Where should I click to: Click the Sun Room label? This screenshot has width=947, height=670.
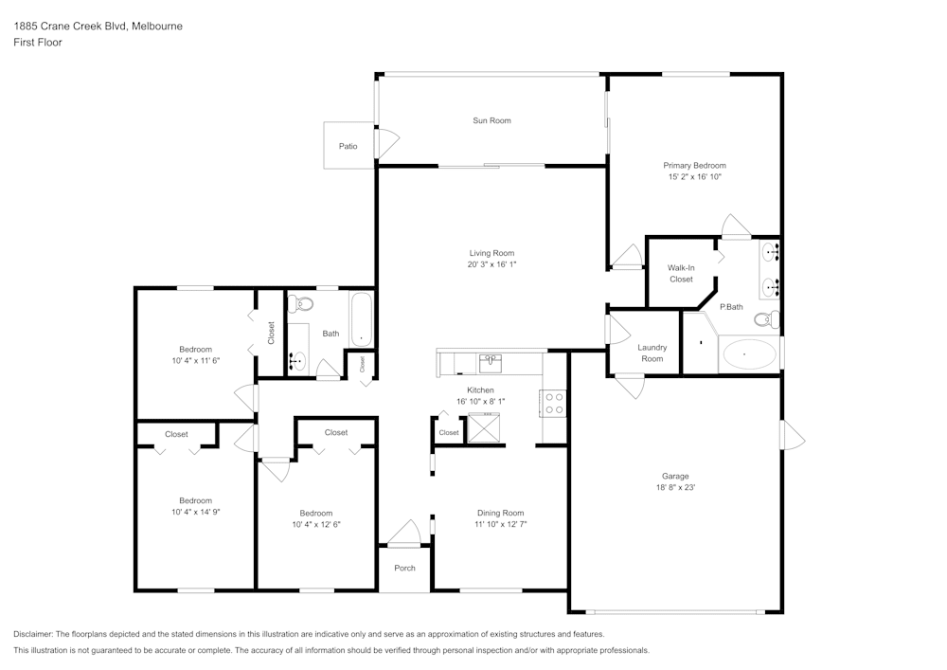coord(491,120)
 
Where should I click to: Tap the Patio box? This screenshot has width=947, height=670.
coord(348,146)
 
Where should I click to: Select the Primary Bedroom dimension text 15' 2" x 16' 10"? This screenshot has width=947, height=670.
coord(695,177)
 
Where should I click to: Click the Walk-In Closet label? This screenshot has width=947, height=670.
coord(680,274)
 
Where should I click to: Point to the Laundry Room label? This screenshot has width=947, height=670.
coord(652,353)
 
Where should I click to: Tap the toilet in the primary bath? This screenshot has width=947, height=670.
coord(771,318)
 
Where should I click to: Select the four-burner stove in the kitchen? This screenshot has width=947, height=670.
coord(553,404)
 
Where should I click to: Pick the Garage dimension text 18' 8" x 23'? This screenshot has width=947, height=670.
coord(675,487)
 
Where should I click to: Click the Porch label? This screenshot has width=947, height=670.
coord(404,569)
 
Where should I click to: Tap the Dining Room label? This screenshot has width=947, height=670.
coord(500,513)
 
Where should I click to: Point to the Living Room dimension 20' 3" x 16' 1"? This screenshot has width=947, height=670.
coord(491,264)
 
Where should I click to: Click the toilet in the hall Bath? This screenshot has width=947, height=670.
coord(302,304)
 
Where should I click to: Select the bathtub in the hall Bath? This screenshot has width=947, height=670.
coord(361,319)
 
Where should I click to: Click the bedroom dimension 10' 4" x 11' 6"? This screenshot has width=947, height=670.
coord(196,361)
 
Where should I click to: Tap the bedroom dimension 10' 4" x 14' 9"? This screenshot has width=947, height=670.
coord(196,512)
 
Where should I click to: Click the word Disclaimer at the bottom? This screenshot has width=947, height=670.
coord(34,634)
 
